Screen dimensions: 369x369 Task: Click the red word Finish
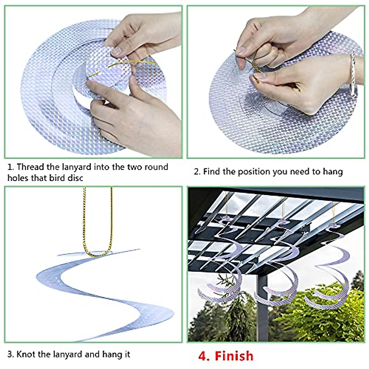234,356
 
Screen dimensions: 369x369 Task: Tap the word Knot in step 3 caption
26,354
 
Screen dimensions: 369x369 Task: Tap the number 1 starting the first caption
10,167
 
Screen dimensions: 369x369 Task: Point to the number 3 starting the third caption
10,354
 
